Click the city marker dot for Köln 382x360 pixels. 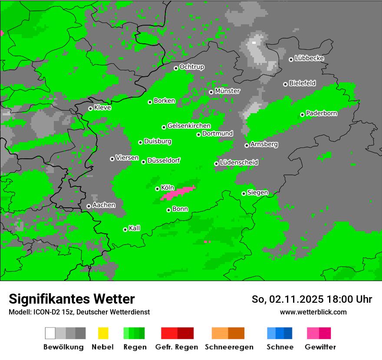[x=158, y=189]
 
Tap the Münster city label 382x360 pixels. [x=227, y=91]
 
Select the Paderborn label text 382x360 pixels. [x=321, y=113]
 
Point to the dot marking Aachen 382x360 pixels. [x=89, y=206]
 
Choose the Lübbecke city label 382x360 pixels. [x=309, y=58]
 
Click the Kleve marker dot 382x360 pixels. [x=90, y=108]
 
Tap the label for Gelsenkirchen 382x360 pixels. [x=189, y=126]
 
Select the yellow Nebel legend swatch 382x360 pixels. [x=103, y=333]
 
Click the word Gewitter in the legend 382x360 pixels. [x=320, y=347]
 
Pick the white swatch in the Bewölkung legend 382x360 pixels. [x=50, y=333]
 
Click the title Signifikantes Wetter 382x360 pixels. [x=72, y=299]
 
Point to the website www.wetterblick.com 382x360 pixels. [x=313, y=312]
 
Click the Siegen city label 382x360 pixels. [x=257, y=192]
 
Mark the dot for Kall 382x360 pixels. [x=125, y=229]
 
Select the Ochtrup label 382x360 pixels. [x=191, y=67]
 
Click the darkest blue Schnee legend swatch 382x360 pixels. [x=288, y=333]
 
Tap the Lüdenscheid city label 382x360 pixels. [x=239, y=162]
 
